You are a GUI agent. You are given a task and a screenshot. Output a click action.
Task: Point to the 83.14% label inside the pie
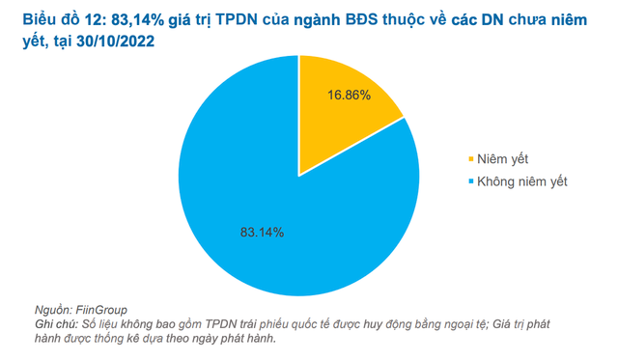point(262,232)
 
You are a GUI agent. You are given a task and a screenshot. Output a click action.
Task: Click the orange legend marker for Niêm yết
point(471,158)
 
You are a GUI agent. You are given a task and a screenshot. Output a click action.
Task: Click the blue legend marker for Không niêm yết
point(471,181)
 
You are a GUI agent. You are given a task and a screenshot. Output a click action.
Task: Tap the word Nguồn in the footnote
point(55,309)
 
